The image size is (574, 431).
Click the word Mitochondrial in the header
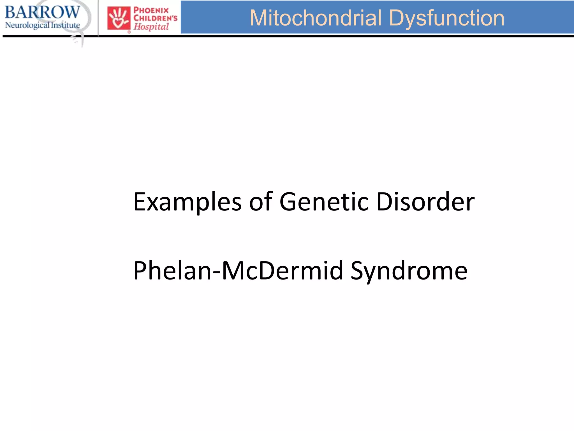click(x=316, y=18)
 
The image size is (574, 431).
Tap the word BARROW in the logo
click(x=42, y=12)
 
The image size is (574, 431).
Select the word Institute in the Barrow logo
click(x=65, y=25)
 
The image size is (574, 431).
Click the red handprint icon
click(x=119, y=19)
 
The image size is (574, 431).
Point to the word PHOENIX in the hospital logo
click(x=151, y=11)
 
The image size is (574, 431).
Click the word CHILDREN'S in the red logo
click(x=155, y=19)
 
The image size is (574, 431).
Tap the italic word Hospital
click(x=151, y=27)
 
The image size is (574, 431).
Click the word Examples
click(x=187, y=202)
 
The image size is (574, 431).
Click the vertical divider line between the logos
click(x=98, y=18)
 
